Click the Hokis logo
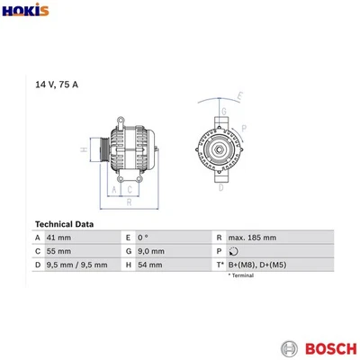point(25,10)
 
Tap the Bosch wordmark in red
point(331,349)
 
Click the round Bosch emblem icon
point(290,349)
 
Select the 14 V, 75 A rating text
point(57,85)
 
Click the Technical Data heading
point(64,224)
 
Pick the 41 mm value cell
point(58,238)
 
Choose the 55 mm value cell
point(58,251)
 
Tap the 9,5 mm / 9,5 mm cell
point(76,265)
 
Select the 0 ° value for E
point(143,238)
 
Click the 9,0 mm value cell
point(151,251)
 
